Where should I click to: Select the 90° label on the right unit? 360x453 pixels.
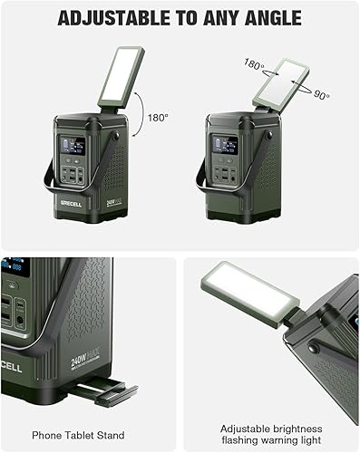321,95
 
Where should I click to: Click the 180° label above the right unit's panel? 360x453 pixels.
254,64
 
